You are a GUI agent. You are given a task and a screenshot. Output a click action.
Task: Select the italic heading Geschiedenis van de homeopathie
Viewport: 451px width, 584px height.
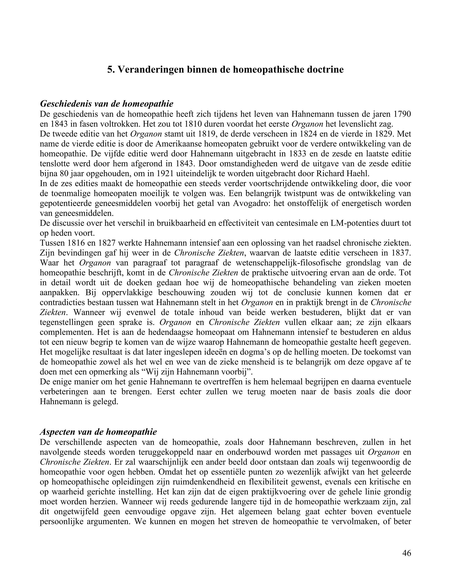click(x=107, y=104)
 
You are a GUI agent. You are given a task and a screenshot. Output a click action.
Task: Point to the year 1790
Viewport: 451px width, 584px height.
click(x=402, y=114)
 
